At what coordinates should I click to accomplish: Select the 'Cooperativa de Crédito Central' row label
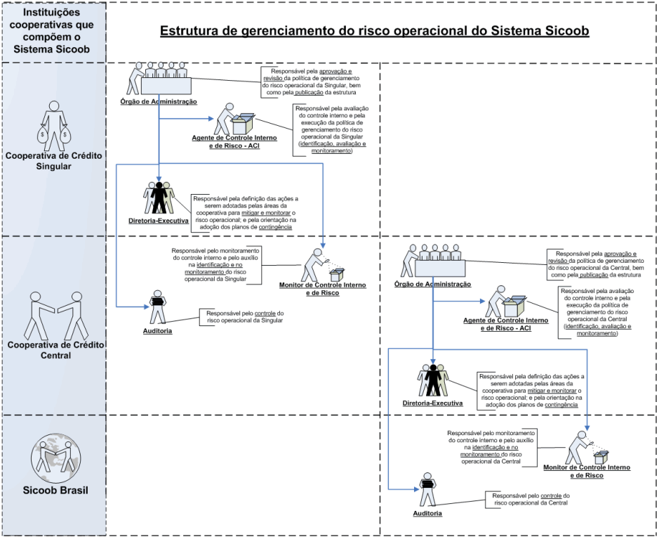[x=53, y=349]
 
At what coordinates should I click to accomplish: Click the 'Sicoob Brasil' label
[x=53, y=490]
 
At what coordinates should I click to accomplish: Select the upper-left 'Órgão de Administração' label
[x=158, y=102]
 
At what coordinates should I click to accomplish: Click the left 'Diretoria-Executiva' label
[x=159, y=221]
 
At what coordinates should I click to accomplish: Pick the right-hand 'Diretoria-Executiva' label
[x=433, y=403]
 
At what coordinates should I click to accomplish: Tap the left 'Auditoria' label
[x=157, y=330]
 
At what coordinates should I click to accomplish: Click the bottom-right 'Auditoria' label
[x=427, y=514]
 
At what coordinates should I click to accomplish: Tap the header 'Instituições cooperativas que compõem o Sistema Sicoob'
[x=53, y=32]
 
